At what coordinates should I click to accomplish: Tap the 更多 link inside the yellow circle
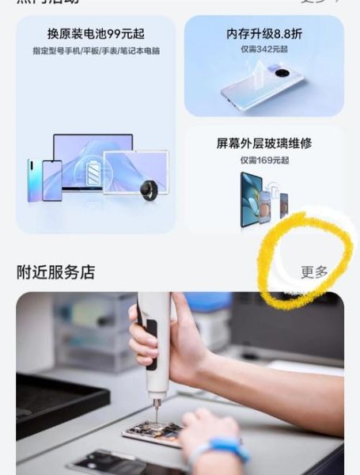coord(314,272)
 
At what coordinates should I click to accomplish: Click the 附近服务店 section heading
coord(55,272)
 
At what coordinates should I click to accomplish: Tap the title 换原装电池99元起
coord(95,36)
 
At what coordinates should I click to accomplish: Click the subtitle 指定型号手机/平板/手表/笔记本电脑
coord(96,51)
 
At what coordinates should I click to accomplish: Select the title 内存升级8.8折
coord(264,36)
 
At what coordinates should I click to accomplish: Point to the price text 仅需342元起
coord(264,49)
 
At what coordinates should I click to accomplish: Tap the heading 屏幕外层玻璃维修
coord(264,144)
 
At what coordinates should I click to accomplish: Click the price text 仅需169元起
coord(264,159)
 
